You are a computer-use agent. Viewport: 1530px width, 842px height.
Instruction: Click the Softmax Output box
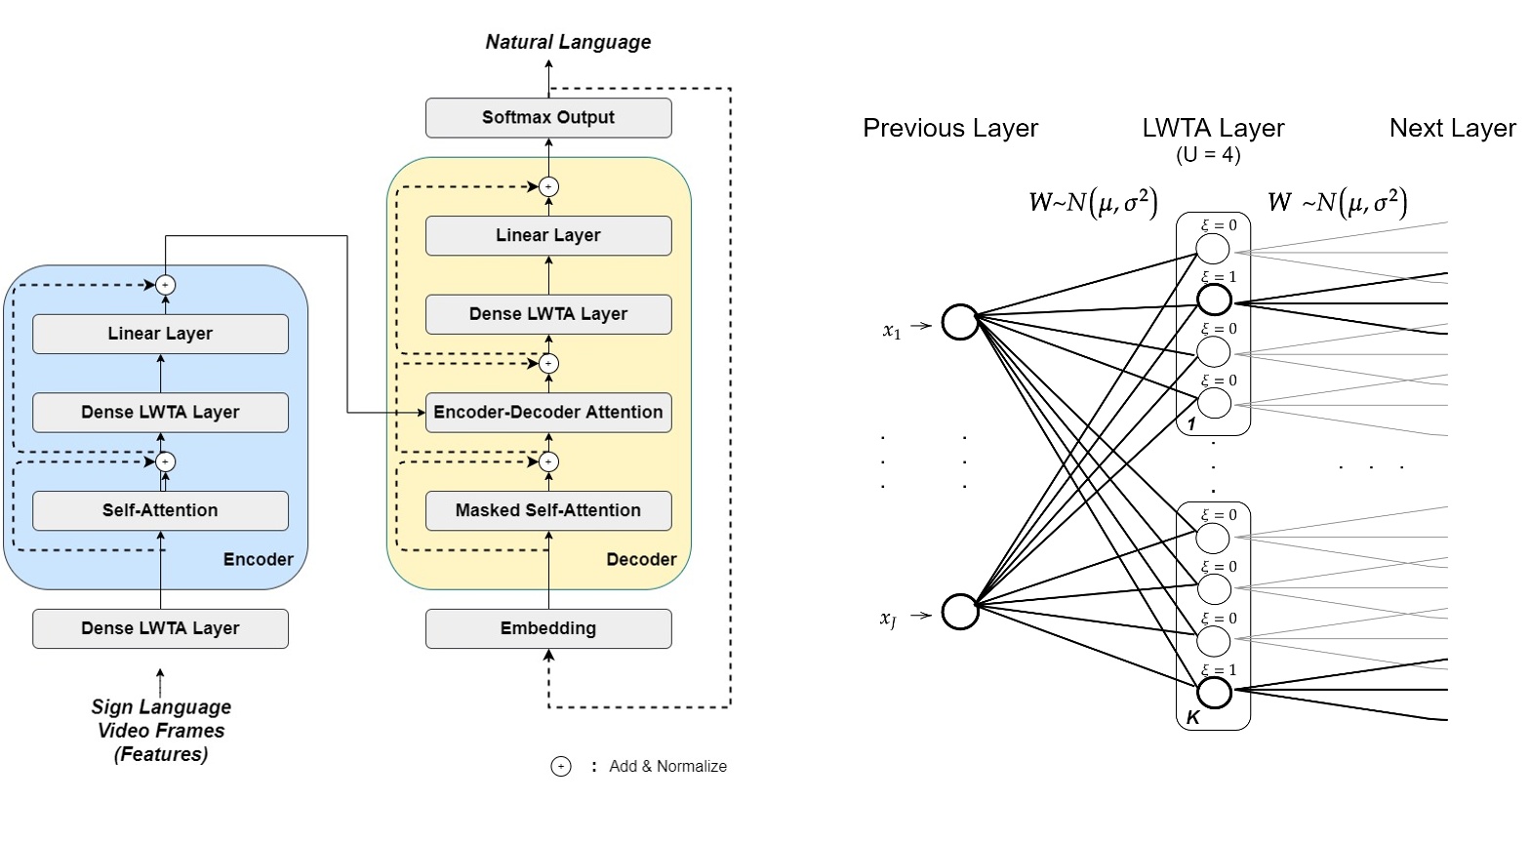click(x=548, y=117)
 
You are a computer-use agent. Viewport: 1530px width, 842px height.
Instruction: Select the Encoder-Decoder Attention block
click(x=548, y=412)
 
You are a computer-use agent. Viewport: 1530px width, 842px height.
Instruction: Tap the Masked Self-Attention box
click(x=548, y=510)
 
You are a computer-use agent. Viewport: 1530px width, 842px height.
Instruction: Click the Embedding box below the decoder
click(x=548, y=628)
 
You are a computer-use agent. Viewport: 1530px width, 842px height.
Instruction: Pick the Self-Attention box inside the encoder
click(x=160, y=510)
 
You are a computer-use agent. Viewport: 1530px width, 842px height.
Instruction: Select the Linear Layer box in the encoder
click(x=160, y=334)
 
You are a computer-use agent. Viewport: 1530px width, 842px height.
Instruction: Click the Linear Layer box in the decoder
click(x=548, y=235)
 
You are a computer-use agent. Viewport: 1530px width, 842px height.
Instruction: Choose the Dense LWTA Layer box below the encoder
click(x=160, y=628)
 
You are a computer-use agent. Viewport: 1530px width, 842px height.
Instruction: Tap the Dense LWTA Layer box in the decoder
click(x=548, y=314)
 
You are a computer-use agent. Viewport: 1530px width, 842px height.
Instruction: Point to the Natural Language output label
click(x=568, y=42)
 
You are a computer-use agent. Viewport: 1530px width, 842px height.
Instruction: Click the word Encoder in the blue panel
click(x=258, y=559)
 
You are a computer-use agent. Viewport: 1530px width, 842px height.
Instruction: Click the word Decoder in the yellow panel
click(x=641, y=559)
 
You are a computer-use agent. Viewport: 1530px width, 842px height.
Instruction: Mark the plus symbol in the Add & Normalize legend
click(x=561, y=767)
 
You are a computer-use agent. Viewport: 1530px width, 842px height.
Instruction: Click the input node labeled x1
click(x=960, y=322)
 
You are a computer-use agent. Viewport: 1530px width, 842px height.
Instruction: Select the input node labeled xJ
click(x=960, y=611)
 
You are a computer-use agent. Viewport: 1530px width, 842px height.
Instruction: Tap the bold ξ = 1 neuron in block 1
click(x=1214, y=301)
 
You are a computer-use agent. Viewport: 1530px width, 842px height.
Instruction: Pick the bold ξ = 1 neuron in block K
click(x=1214, y=693)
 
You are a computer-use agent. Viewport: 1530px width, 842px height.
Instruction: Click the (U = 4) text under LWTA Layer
click(x=1208, y=155)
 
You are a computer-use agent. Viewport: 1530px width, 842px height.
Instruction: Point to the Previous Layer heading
click(x=950, y=128)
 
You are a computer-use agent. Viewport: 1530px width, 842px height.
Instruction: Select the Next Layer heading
click(x=1452, y=128)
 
